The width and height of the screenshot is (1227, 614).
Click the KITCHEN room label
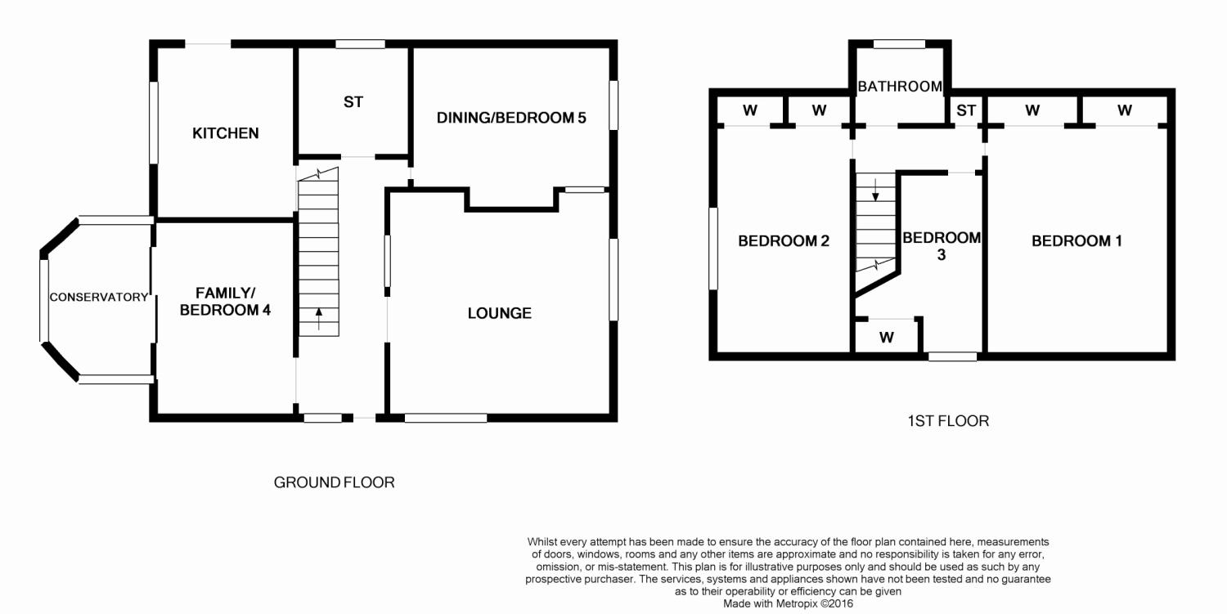tap(225, 133)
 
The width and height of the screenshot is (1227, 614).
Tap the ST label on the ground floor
tap(353, 102)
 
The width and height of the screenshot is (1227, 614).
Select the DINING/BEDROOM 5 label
tap(511, 118)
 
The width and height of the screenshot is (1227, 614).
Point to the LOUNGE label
tap(500, 313)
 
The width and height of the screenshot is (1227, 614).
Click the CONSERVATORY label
tap(99, 297)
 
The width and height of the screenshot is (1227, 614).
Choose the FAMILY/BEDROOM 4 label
tap(225, 302)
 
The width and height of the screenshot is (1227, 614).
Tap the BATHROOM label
tap(900, 87)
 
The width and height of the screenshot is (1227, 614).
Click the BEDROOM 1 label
tap(1077, 241)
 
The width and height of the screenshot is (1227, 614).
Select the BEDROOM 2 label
tap(784, 241)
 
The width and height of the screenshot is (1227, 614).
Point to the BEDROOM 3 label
tap(941, 246)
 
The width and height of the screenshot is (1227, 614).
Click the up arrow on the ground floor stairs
tap(319, 319)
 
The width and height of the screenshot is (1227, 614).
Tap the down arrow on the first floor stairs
tap(875, 190)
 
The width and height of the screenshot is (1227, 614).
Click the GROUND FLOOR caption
tap(334, 482)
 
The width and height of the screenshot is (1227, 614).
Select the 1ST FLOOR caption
tap(948, 421)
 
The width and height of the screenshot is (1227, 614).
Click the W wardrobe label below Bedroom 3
tap(886, 338)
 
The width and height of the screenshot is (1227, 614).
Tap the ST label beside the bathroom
tap(966, 110)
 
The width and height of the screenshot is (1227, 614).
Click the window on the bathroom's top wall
tap(899, 44)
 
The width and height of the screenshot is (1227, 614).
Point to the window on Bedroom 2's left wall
tap(713, 248)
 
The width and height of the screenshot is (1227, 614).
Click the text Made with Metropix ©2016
tap(788, 603)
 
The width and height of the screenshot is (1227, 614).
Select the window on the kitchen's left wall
tap(154, 122)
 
